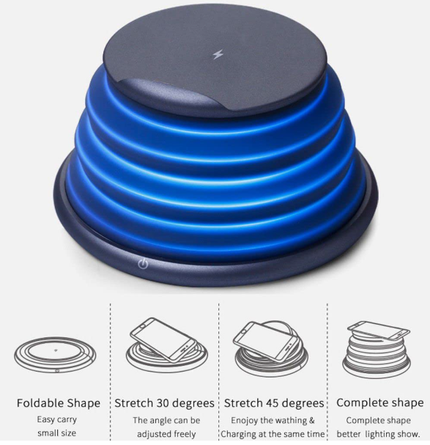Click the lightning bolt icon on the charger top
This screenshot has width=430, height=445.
click(x=218, y=54)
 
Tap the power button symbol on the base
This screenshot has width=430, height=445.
click(x=143, y=264)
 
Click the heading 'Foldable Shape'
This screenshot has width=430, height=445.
click(x=59, y=403)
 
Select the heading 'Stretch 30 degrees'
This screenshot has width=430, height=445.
click(x=164, y=403)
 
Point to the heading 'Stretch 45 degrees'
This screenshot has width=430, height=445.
click(x=274, y=403)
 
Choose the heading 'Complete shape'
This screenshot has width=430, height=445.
click(x=380, y=402)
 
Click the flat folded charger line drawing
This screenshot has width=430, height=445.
click(x=55, y=354)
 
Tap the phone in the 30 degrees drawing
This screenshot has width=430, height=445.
click(x=163, y=339)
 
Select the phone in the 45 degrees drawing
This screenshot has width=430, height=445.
click(x=266, y=342)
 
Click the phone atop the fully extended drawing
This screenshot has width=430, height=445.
click(x=379, y=330)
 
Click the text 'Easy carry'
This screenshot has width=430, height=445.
click(x=56, y=420)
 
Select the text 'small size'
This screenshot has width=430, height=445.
click(x=56, y=433)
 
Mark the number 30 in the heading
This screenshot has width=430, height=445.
click(x=163, y=403)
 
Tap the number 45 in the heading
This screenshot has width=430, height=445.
click(x=273, y=403)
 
